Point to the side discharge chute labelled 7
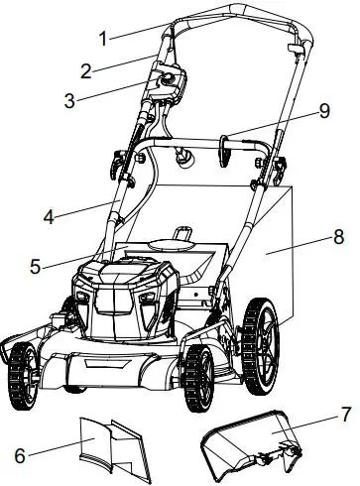tap(248, 442)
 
